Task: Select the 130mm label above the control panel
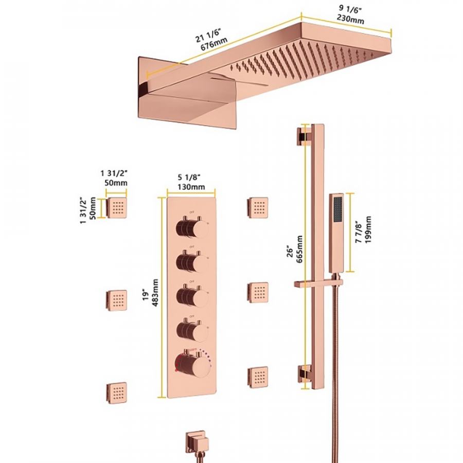(x=190, y=187)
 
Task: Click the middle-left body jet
(x=117, y=299)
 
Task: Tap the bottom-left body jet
(x=117, y=391)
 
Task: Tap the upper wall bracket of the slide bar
(x=301, y=137)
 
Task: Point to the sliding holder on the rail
(x=318, y=283)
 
